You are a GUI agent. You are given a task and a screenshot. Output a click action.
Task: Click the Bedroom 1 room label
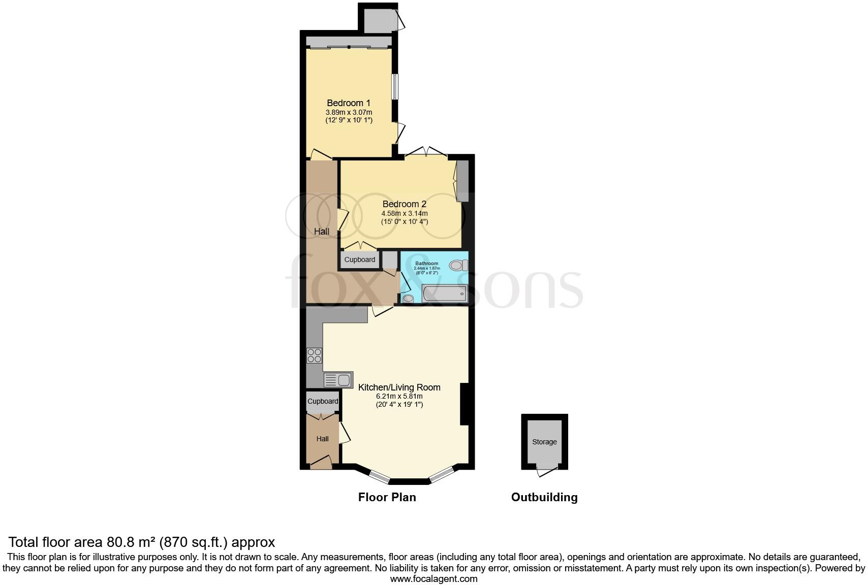click(x=348, y=103)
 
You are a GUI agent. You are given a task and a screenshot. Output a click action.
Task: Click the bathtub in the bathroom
click(x=444, y=294)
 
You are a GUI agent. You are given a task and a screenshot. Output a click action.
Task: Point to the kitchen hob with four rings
click(x=315, y=355)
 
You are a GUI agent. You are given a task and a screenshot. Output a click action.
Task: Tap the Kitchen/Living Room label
click(x=399, y=387)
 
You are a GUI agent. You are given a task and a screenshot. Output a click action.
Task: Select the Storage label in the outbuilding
click(x=544, y=442)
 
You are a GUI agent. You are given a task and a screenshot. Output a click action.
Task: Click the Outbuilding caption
click(x=544, y=497)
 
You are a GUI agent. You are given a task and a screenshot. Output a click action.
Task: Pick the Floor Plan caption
click(x=387, y=497)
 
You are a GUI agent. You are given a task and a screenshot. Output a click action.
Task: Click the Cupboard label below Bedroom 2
click(x=360, y=259)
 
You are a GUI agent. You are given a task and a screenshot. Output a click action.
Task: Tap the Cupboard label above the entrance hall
click(x=323, y=401)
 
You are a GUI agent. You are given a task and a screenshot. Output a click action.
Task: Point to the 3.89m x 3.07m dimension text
click(x=349, y=112)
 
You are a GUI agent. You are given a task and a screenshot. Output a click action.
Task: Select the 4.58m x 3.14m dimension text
click(x=405, y=213)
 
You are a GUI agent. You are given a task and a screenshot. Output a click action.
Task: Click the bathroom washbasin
click(x=409, y=299)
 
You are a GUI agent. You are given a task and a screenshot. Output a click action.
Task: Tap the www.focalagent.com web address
click(x=434, y=578)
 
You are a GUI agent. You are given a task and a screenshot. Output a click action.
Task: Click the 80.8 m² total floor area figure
click(x=131, y=542)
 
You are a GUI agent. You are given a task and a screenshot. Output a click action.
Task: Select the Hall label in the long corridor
click(x=322, y=232)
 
